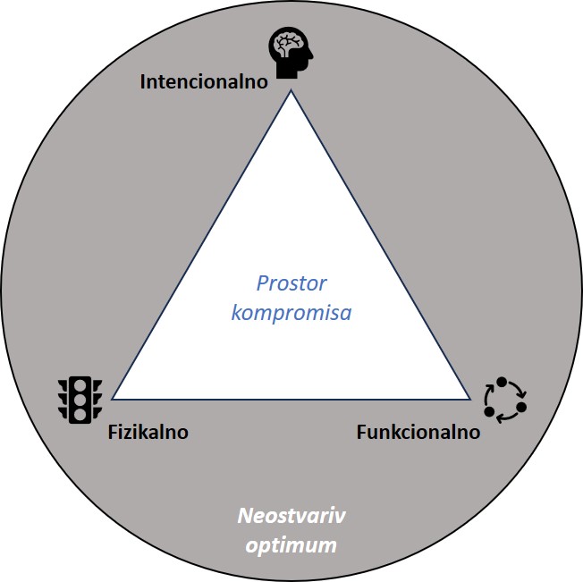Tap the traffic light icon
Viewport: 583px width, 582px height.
point(80,399)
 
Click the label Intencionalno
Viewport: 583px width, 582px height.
point(205,82)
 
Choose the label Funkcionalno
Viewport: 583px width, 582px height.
point(418,432)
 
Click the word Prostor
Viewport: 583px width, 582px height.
point(291,284)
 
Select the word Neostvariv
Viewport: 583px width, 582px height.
point(291,517)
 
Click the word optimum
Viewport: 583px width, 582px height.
point(291,544)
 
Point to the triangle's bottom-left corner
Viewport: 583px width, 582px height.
point(112,399)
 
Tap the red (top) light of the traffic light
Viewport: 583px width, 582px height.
point(80,385)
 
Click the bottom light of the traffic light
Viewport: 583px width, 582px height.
point(80,413)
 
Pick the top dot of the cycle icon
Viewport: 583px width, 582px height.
point(502,383)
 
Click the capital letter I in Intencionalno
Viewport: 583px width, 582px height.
point(143,82)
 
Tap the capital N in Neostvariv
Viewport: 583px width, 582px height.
point(243,517)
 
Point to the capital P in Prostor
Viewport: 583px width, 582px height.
point(262,284)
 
